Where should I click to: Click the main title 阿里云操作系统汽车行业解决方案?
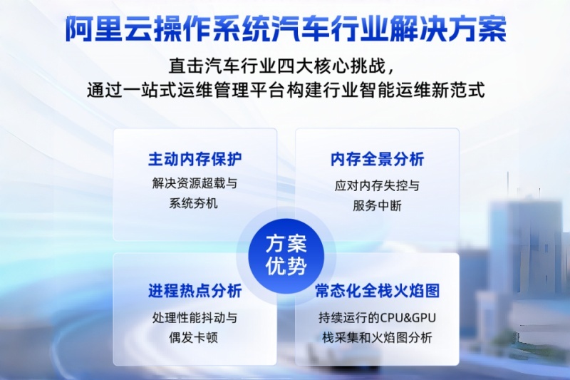point(286,29)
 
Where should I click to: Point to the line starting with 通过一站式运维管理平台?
point(286,91)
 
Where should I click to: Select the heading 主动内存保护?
point(195,158)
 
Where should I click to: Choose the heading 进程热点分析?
point(195,291)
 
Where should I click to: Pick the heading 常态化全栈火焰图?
point(377,291)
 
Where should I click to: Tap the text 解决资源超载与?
point(195,183)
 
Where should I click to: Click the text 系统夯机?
point(195,203)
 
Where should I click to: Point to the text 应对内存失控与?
point(377,186)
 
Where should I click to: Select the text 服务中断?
point(377,206)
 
